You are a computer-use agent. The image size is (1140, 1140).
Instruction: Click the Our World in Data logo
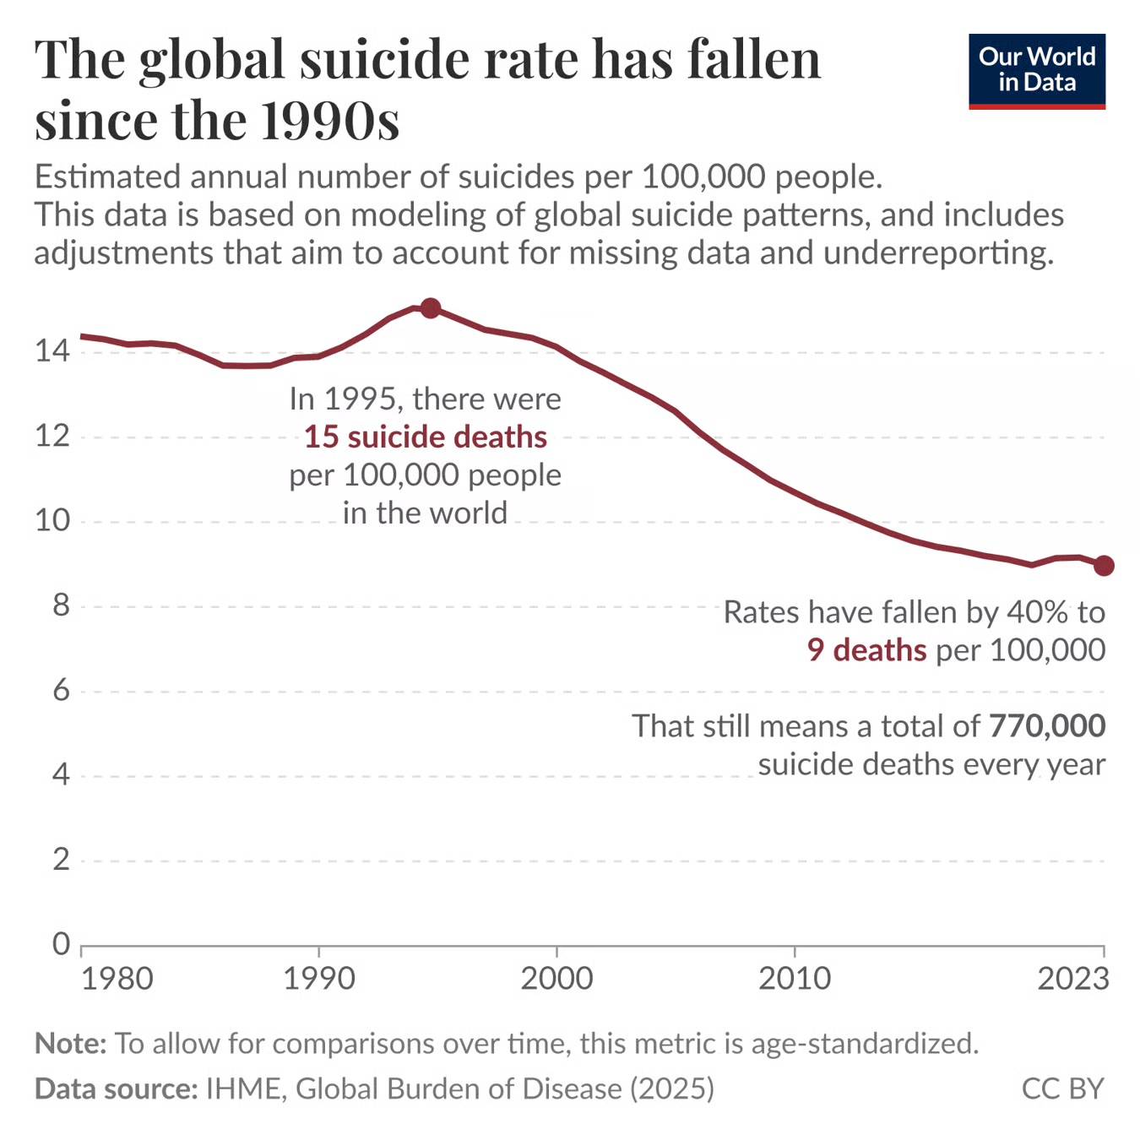pos(1036,71)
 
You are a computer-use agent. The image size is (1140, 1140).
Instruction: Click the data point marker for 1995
pos(430,308)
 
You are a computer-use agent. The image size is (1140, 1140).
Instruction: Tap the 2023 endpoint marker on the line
pos(1104,566)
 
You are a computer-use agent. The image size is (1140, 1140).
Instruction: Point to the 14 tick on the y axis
pos(52,350)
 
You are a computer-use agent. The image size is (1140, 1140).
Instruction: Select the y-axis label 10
pos(52,520)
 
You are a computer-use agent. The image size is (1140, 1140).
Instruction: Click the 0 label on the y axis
pos(61,943)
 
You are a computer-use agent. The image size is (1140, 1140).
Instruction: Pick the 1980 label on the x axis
pos(117,979)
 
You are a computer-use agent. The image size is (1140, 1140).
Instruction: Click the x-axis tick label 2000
pos(556,979)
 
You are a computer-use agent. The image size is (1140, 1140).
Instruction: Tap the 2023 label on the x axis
pos(1072,979)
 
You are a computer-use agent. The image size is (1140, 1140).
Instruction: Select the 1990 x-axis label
pos(318,979)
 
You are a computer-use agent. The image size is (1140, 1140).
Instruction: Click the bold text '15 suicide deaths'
pos(426,437)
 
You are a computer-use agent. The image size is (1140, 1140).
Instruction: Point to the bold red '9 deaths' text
pos(866,650)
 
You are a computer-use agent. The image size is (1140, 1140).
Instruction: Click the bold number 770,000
pos(1047,726)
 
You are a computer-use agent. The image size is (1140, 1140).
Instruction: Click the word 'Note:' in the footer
pos(71,1044)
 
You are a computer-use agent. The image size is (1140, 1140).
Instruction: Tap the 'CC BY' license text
pos(1062,1088)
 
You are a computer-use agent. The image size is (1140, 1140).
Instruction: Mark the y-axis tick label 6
pos(61,691)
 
